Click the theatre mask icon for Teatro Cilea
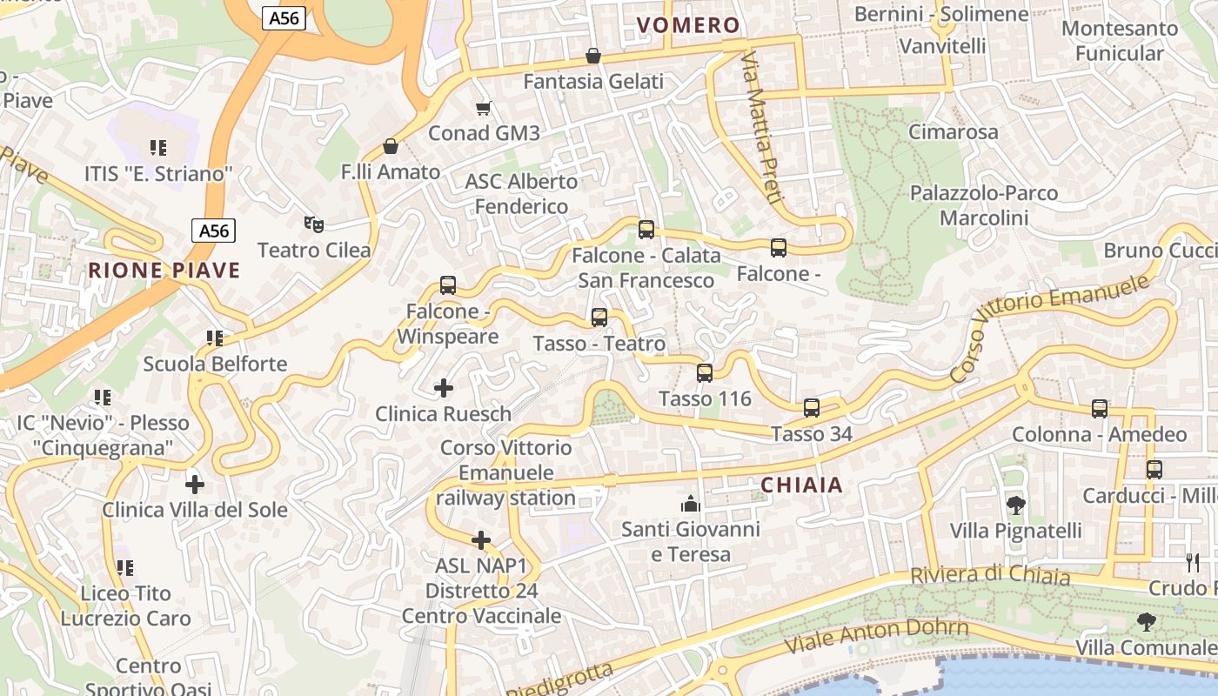coord(314,224)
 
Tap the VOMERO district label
coord(688,25)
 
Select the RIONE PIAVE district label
coord(164,271)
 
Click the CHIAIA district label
coord(801,485)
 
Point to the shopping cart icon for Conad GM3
coord(484,108)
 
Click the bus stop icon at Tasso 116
coord(705,373)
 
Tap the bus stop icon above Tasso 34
coord(812,407)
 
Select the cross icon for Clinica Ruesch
coord(444,388)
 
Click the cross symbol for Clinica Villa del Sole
coord(195,484)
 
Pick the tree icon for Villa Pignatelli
coord(1015,505)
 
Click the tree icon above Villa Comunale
coord(1147,621)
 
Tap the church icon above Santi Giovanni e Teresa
coord(691,504)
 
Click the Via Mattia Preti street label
coord(759,127)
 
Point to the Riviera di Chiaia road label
coord(990,575)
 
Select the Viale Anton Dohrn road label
coord(876,636)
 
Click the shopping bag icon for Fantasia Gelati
coord(593,56)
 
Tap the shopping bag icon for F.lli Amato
coord(391,146)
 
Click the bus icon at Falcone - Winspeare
coord(448,284)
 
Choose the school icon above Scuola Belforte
coord(214,338)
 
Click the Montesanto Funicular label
coord(1120,41)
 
